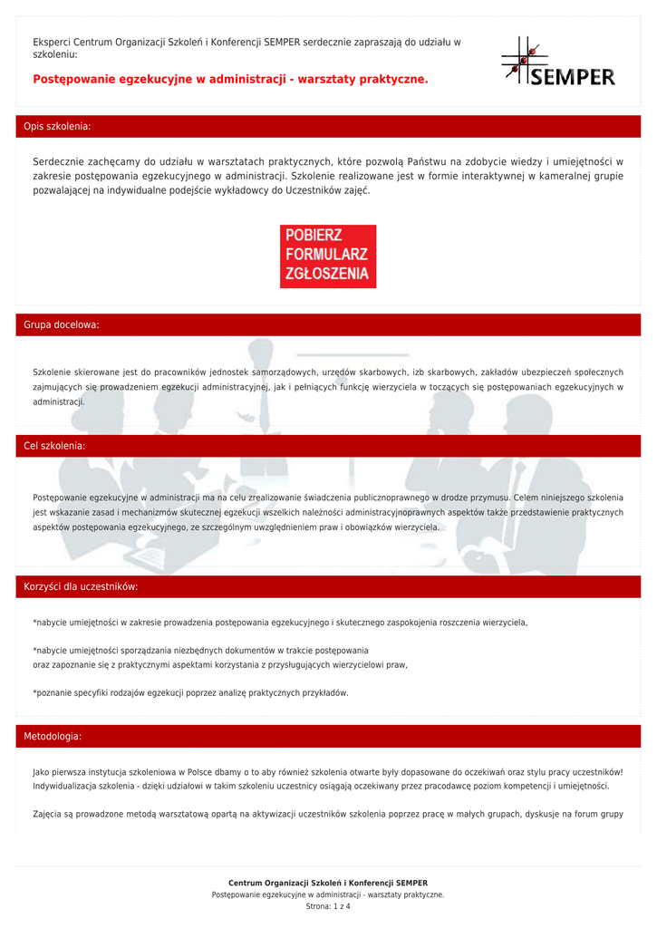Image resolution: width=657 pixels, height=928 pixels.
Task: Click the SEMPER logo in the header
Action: pyautogui.click(x=558, y=63)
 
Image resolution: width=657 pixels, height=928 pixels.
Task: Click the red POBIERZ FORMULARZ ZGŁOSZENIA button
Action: pyautogui.click(x=328, y=256)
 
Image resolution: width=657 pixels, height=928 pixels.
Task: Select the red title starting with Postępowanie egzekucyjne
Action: pyautogui.click(x=230, y=80)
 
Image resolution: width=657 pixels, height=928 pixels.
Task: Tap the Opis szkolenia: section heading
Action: pyautogui.click(x=57, y=127)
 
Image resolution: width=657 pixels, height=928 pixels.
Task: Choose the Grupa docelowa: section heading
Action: pyautogui.click(x=62, y=324)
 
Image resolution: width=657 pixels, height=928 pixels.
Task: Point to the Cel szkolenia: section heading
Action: pyautogui.click(x=54, y=446)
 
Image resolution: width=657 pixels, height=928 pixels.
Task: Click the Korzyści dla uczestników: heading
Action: pyautogui.click(x=81, y=587)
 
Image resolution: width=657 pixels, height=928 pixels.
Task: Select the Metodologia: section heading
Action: pyautogui.click(x=53, y=737)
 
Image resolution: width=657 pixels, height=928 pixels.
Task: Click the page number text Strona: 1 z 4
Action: pyautogui.click(x=328, y=906)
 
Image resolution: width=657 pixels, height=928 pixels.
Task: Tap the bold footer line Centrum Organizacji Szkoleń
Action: pyautogui.click(x=328, y=883)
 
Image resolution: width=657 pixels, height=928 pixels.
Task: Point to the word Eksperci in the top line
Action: pyautogui.click(x=52, y=42)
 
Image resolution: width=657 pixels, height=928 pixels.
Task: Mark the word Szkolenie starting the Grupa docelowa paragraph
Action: pyautogui.click(x=52, y=372)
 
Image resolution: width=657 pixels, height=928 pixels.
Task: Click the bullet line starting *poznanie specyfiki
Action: pyautogui.click(x=190, y=693)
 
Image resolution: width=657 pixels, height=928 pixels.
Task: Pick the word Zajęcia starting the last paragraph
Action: pyautogui.click(x=48, y=814)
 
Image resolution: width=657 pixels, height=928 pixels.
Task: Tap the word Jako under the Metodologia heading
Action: pyautogui.click(x=42, y=772)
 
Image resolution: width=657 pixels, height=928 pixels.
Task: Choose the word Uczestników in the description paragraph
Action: pyautogui.click(x=316, y=190)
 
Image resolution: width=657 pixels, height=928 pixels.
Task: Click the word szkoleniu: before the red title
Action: pyautogui.click(x=55, y=54)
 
